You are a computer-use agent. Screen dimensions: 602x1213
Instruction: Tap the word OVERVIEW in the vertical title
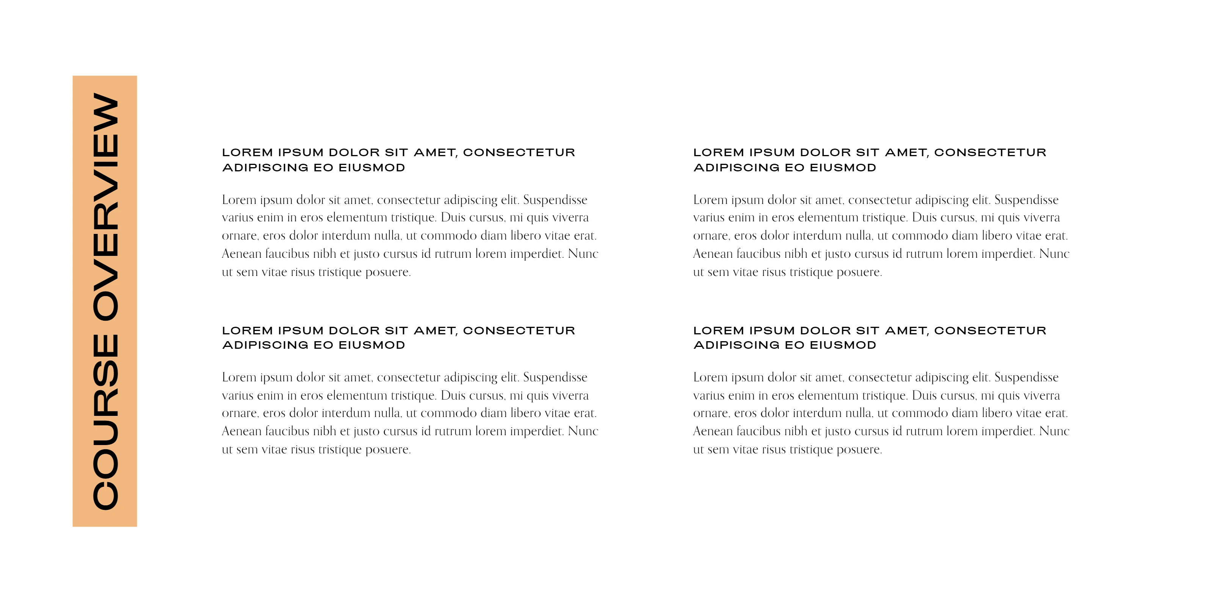[x=105, y=207]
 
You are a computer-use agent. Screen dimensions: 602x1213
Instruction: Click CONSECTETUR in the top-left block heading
[x=519, y=153]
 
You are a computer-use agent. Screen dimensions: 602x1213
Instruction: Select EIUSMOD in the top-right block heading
[x=843, y=168]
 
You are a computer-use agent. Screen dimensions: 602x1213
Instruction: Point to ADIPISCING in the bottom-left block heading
[x=265, y=345]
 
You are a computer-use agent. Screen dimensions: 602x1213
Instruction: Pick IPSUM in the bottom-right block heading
[x=772, y=331]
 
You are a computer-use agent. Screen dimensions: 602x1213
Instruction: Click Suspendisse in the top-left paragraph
[x=555, y=200]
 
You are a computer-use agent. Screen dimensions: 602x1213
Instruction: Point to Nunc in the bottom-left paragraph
[x=583, y=431]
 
